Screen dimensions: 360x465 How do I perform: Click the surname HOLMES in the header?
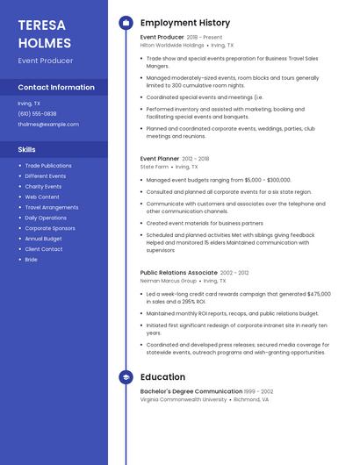tap(44, 42)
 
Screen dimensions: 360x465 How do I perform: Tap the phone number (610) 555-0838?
tap(37, 113)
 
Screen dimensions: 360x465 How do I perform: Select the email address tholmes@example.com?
tap(48, 124)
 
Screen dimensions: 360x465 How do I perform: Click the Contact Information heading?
tap(56, 88)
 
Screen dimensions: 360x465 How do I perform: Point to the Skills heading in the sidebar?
tap(27, 149)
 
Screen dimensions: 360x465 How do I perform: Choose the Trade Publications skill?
tap(48, 166)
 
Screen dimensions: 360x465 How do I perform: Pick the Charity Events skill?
tap(43, 186)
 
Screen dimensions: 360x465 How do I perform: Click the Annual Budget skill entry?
tap(43, 239)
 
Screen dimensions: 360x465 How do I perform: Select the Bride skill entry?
tap(32, 260)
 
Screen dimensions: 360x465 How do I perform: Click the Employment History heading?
tap(185, 23)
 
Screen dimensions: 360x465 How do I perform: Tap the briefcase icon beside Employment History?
tap(126, 23)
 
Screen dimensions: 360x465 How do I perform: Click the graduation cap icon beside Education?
tap(126, 377)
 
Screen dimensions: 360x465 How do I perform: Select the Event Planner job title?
tap(160, 159)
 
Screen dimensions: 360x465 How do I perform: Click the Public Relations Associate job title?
tap(178, 273)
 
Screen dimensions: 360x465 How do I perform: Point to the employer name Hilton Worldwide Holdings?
tap(172, 45)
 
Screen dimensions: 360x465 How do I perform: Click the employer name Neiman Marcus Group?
tap(169, 281)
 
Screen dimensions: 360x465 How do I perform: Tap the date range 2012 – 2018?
tap(197, 159)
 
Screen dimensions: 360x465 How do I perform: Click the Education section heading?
tap(162, 377)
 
